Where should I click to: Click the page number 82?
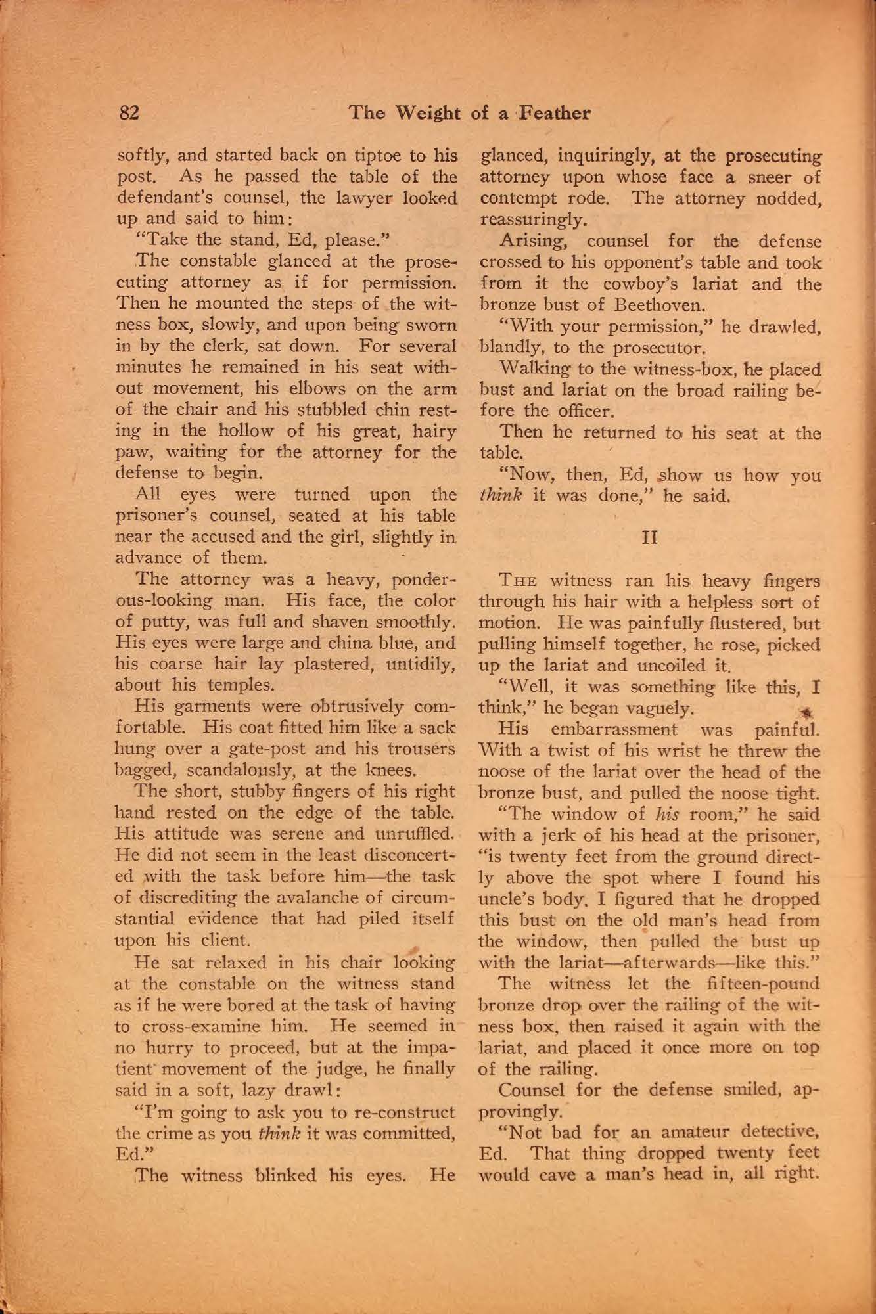point(129,113)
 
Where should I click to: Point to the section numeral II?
point(649,537)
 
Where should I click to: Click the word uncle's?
point(505,898)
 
